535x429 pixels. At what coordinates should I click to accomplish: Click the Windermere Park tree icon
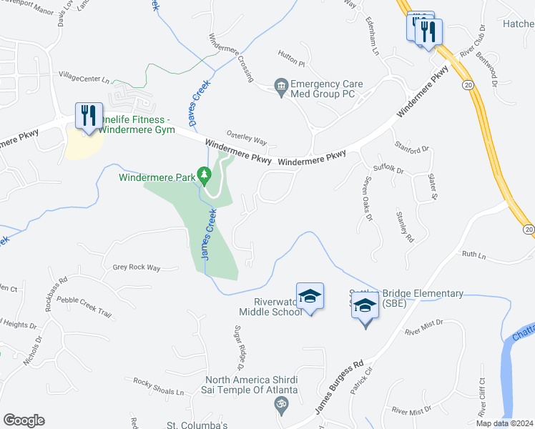pos(205,174)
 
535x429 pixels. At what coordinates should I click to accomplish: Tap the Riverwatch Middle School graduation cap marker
pos(310,296)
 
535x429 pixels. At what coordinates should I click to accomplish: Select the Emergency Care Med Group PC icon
pos(281,88)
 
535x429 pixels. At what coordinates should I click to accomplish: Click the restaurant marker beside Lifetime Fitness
pos(87,115)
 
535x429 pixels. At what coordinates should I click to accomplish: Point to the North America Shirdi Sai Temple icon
pos(281,405)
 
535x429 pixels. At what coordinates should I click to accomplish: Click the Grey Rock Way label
pos(137,267)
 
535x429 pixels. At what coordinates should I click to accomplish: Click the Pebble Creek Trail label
pos(84,306)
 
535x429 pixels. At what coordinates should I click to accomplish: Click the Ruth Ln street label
pos(473,255)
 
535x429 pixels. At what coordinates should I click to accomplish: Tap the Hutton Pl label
pos(291,64)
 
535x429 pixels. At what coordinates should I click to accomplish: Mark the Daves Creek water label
pos(200,97)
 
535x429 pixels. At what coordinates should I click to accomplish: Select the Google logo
pos(24,420)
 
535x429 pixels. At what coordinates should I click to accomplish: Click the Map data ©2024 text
pos(506,423)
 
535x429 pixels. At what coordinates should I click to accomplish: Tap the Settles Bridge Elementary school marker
pos(365,307)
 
